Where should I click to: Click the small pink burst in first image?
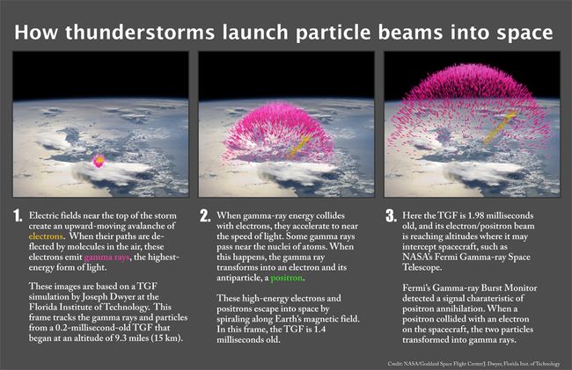click(x=99, y=159)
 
